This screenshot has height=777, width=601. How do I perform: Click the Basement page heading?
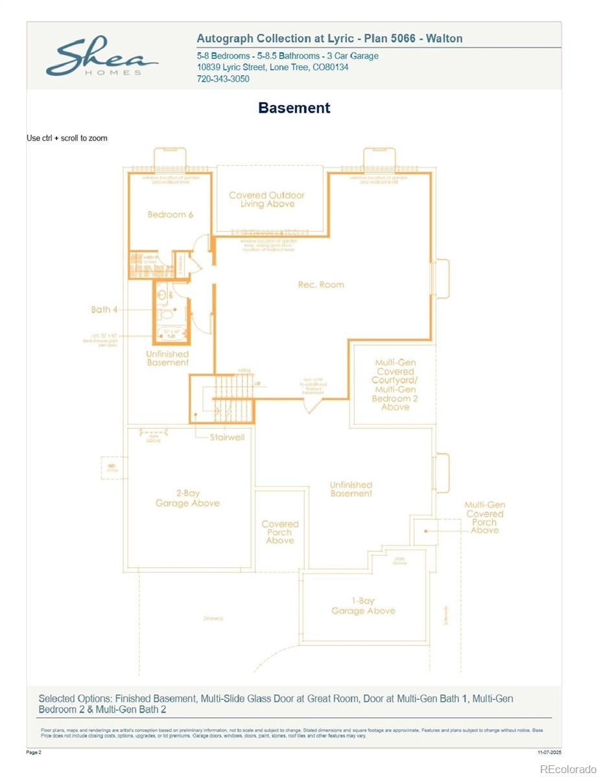pos(294,108)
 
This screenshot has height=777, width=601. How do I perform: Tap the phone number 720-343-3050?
pos(223,79)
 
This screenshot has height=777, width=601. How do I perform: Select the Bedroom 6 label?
pos(170,215)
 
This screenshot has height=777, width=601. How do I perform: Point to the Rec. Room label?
pos(321,285)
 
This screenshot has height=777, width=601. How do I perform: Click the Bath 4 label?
pos(104,310)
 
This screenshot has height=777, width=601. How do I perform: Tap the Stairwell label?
pos(227,437)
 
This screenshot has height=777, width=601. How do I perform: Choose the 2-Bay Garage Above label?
pos(187,498)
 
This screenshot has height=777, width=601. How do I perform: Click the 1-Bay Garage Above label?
pos(363,606)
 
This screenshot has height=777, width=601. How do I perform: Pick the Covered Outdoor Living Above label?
pos(266,199)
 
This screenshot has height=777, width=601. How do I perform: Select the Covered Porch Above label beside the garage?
pos(280,532)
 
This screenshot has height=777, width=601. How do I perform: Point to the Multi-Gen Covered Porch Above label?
pos(484,517)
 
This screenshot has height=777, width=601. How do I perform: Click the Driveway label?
pos(213,618)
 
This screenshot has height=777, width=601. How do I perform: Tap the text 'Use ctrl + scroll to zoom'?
pos(67,138)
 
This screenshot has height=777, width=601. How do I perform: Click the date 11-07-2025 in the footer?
pos(549,752)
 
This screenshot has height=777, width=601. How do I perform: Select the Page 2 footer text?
pos(34,752)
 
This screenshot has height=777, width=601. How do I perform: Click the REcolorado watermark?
pos(568,769)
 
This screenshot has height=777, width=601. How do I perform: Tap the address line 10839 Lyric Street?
pos(272,67)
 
